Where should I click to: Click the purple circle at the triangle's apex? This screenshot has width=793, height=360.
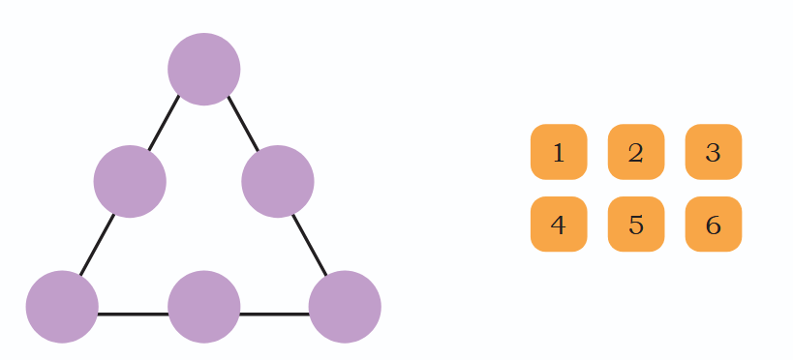pos(203,70)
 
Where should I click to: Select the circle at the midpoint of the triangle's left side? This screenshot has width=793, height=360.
pos(130,182)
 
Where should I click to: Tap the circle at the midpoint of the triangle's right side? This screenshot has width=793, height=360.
pos(278,182)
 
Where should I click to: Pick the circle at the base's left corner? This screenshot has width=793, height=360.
pos(62,307)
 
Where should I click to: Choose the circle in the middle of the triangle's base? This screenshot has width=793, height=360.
pos(203,307)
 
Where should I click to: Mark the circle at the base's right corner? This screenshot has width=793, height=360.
pos(345,307)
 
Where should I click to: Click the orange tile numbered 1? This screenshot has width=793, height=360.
pos(559,152)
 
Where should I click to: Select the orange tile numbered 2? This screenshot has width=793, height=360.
pos(636,152)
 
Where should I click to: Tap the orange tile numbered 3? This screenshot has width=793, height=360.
pos(714,152)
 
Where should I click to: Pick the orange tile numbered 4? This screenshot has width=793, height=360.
pos(559,224)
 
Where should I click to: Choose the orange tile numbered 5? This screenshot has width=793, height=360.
pos(636,224)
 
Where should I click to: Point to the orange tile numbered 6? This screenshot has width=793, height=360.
pos(714,224)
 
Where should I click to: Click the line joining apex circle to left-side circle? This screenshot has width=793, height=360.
pos(164,123)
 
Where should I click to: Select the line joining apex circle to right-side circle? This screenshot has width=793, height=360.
pos(243,123)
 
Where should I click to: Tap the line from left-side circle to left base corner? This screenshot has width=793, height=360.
pos(98,245)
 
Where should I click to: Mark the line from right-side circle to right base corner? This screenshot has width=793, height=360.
pos(310,245)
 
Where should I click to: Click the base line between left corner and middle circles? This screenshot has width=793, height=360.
pos(133,315)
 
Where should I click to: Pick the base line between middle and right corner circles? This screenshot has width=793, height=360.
pos(274,315)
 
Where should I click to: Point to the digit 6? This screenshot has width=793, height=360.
pos(714,225)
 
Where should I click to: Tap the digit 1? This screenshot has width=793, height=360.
pos(559,153)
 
